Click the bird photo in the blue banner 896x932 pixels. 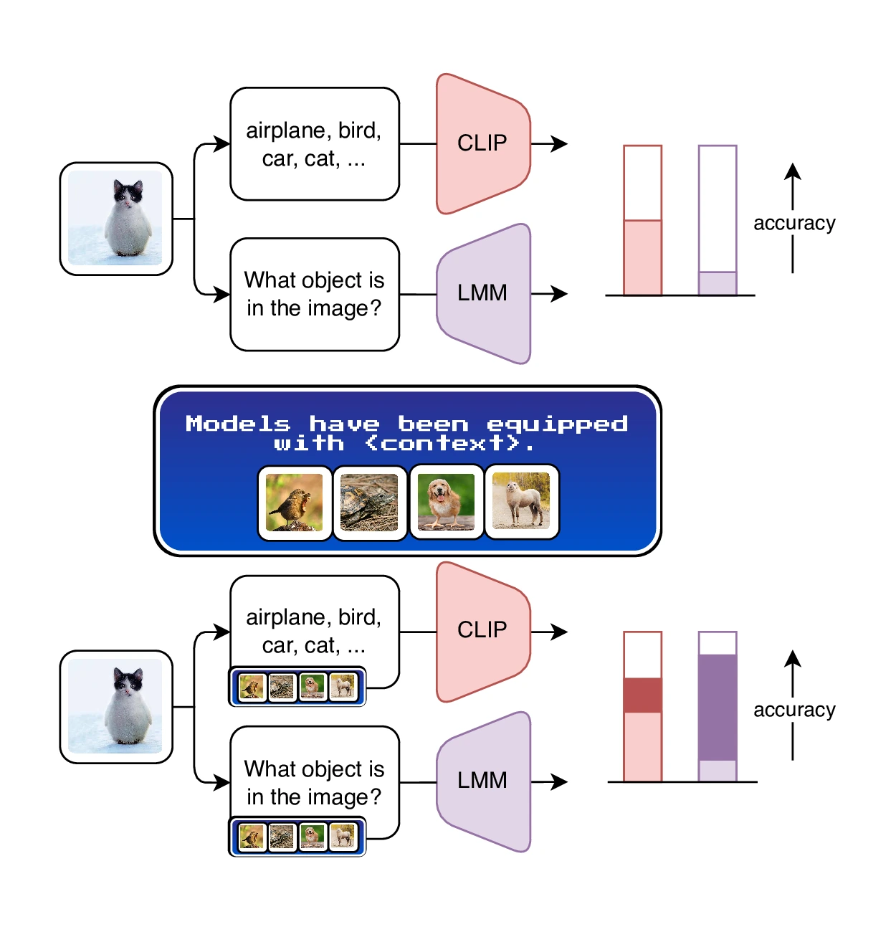pos(295,502)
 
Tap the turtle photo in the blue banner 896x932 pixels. pos(370,502)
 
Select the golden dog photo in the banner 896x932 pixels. pos(446,502)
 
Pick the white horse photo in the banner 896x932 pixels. pos(521,502)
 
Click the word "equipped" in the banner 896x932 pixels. pos(557,424)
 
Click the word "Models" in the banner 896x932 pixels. pos(238,424)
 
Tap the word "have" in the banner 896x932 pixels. pos(344,424)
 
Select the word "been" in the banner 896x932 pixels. pos(433,424)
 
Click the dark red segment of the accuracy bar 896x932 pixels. pos(642,695)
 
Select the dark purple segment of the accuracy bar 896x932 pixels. pos(718,707)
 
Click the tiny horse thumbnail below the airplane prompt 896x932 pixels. pos(343,687)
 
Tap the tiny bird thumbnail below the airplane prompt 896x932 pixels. pos(252,687)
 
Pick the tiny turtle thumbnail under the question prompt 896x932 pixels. pos(282,837)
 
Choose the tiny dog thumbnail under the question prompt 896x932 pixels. pos(313,837)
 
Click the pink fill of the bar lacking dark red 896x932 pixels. pos(642,258)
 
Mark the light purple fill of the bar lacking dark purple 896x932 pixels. pos(718,283)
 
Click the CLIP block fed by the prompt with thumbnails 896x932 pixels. pos(482,630)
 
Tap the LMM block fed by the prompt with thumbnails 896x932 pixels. pos(482,781)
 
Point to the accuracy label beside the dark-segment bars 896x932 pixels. pos(794,710)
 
